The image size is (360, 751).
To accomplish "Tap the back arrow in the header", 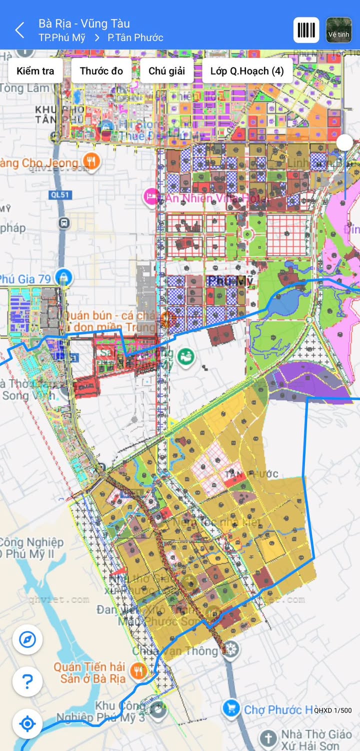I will pyautogui.click(x=19, y=30).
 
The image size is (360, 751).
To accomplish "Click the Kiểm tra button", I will pyautogui.click(x=35, y=70).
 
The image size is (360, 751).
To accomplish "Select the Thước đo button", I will pyautogui.click(x=101, y=70).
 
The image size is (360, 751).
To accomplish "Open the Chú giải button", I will pyautogui.click(x=166, y=70).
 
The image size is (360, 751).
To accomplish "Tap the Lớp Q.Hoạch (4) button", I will pyautogui.click(x=246, y=70).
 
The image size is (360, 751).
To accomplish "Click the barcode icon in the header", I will pyautogui.click(x=306, y=30).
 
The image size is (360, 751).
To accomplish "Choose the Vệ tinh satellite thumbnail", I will pyautogui.click(x=338, y=30).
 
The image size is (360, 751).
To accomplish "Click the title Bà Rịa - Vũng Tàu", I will pyautogui.click(x=84, y=23).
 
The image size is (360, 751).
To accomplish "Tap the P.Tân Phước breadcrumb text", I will pyautogui.click(x=135, y=37).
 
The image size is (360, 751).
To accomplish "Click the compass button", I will pyautogui.click(x=27, y=639).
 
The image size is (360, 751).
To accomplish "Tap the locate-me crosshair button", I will pyautogui.click(x=27, y=723).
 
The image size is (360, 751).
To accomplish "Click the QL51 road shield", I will pyautogui.click(x=59, y=195).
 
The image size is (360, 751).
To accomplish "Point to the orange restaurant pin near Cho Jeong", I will pyautogui.click(x=91, y=161).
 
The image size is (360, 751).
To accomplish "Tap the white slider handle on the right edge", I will pyautogui.click(x=344, y=142).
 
